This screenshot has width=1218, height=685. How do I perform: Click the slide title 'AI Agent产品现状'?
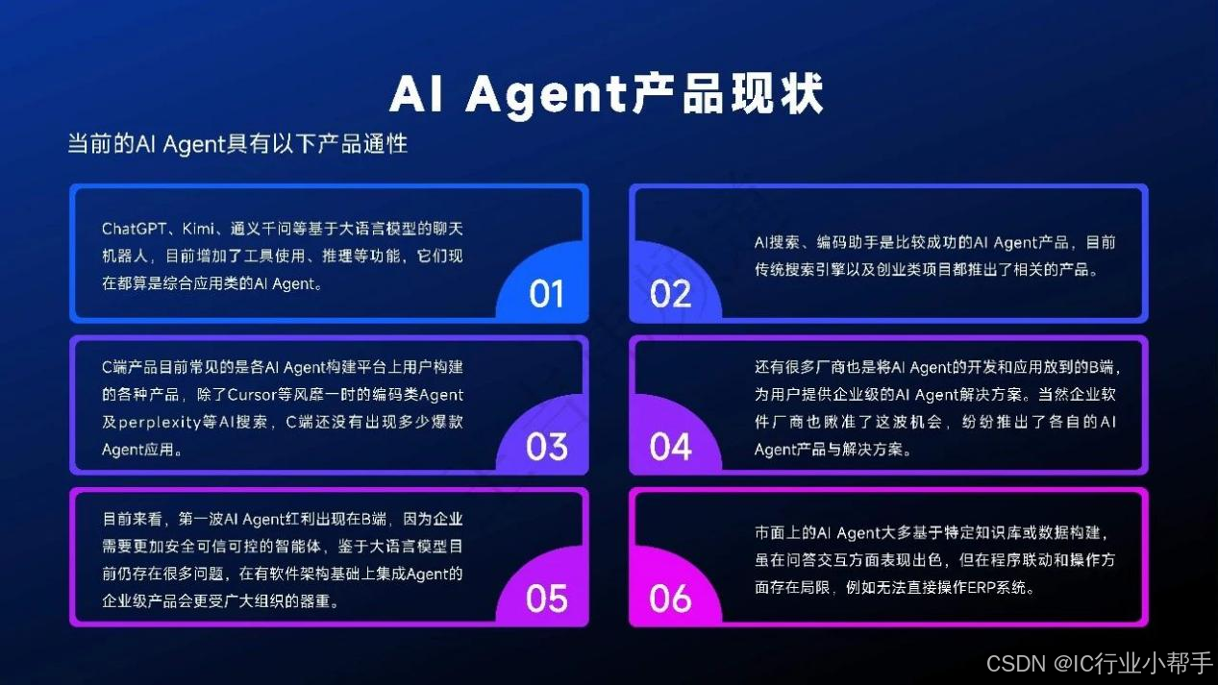607,94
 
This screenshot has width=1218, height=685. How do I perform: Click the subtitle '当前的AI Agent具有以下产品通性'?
237,144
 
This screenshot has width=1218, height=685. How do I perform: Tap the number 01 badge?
546,293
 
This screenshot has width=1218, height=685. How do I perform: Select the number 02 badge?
670,293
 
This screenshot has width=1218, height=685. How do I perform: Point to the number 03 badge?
546,446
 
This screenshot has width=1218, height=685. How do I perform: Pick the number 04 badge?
670,446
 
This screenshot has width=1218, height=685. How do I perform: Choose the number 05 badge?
546,599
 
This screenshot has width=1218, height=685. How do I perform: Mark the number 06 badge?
670,599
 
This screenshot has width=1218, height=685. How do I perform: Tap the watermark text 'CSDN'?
1016,663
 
